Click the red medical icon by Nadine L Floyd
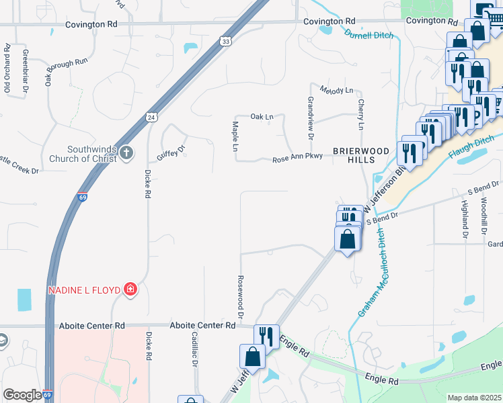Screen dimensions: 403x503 pos(130,289)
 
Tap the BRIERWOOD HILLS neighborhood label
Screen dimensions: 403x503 pos(360,156)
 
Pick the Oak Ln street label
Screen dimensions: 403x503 pos(262,117)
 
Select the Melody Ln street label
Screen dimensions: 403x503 pos(336,90)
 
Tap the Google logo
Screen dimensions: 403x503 pos(22,395)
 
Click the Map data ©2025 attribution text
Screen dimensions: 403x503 pos(474,398)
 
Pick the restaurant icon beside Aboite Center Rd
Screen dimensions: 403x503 pos(267,335)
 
